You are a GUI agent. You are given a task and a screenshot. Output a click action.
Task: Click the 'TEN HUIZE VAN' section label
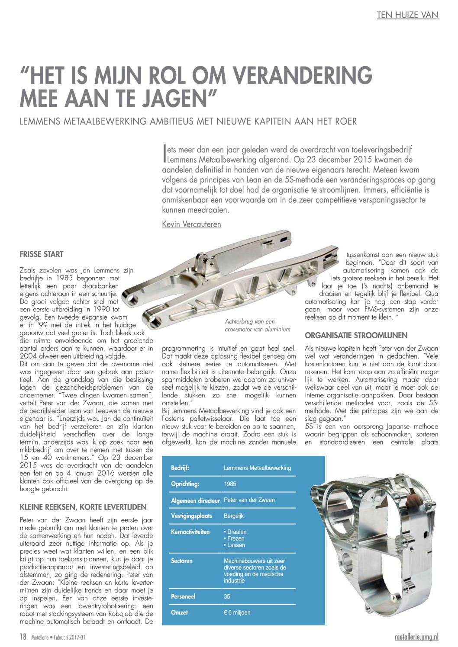point(407,15)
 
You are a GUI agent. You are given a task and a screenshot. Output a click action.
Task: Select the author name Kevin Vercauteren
point(191,224)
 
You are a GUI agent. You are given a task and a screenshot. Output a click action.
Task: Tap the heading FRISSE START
point(42,254)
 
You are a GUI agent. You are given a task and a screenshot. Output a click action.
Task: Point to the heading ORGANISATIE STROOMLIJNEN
point(356,335)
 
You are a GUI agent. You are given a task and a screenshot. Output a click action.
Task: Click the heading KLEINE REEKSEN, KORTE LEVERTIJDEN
point(83,507)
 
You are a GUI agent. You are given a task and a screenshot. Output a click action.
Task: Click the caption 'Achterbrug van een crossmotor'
point(258,325)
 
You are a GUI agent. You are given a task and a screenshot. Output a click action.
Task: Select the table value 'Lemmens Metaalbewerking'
point(257,468)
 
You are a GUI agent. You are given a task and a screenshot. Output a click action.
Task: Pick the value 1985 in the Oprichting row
point(230,484)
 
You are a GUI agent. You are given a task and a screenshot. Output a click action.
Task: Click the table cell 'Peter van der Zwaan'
point(249,500)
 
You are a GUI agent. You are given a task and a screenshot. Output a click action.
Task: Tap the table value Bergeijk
point(234,516)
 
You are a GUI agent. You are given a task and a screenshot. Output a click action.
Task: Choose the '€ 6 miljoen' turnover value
point(237,612)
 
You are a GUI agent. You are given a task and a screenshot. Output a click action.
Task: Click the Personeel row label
point(183,596)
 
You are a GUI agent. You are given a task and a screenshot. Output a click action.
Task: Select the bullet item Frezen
point(235,538)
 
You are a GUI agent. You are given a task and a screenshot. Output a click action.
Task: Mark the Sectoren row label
point(182,561)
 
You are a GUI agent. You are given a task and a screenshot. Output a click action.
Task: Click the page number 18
point(23,637)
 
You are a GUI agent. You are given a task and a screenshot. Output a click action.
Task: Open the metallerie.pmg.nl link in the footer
point(417,637)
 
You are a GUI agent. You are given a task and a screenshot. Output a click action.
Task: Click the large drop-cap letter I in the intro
point(164,154)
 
